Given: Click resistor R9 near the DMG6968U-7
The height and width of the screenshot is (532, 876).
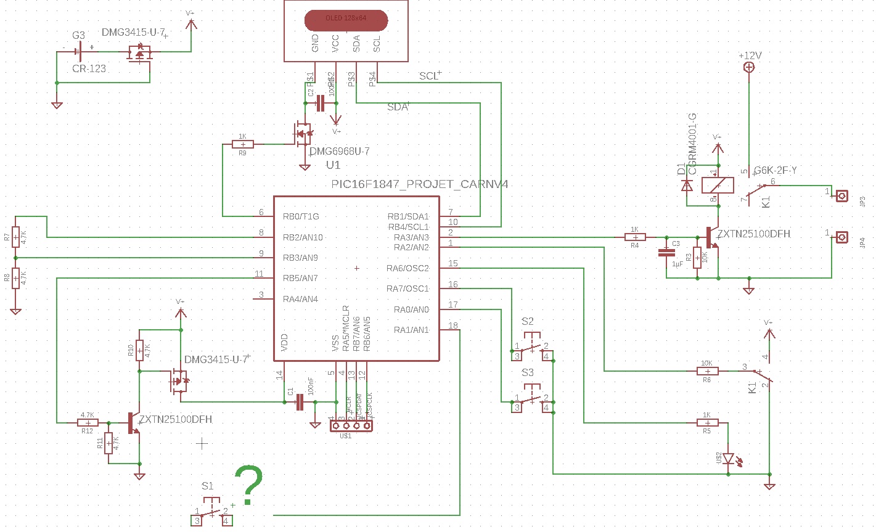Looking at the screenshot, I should (242, 144).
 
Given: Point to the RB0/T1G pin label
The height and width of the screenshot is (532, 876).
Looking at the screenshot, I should (301, 216).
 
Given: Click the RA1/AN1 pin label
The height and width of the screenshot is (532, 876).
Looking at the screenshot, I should (411, 330).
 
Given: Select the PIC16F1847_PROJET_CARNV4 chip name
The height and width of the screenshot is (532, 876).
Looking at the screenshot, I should (419, 184).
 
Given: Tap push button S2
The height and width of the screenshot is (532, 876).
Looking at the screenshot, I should (531, 345).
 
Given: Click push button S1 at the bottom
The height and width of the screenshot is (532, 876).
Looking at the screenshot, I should (211, 511).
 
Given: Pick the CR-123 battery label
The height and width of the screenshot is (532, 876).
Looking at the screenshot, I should (89, 68).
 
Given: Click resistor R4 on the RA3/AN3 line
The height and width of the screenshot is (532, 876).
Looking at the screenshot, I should (635, 237).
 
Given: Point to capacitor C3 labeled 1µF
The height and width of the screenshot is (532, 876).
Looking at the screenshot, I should (666, 252).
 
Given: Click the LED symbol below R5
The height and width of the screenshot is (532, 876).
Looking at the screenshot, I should (729, 459).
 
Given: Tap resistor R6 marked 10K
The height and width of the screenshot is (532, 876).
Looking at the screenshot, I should (707, 370).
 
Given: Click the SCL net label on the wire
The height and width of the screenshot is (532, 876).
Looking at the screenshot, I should (429, 76).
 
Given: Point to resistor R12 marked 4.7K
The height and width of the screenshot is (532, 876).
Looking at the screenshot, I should (88, 422).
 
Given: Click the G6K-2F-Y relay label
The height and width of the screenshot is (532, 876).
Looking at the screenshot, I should (775, 170).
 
